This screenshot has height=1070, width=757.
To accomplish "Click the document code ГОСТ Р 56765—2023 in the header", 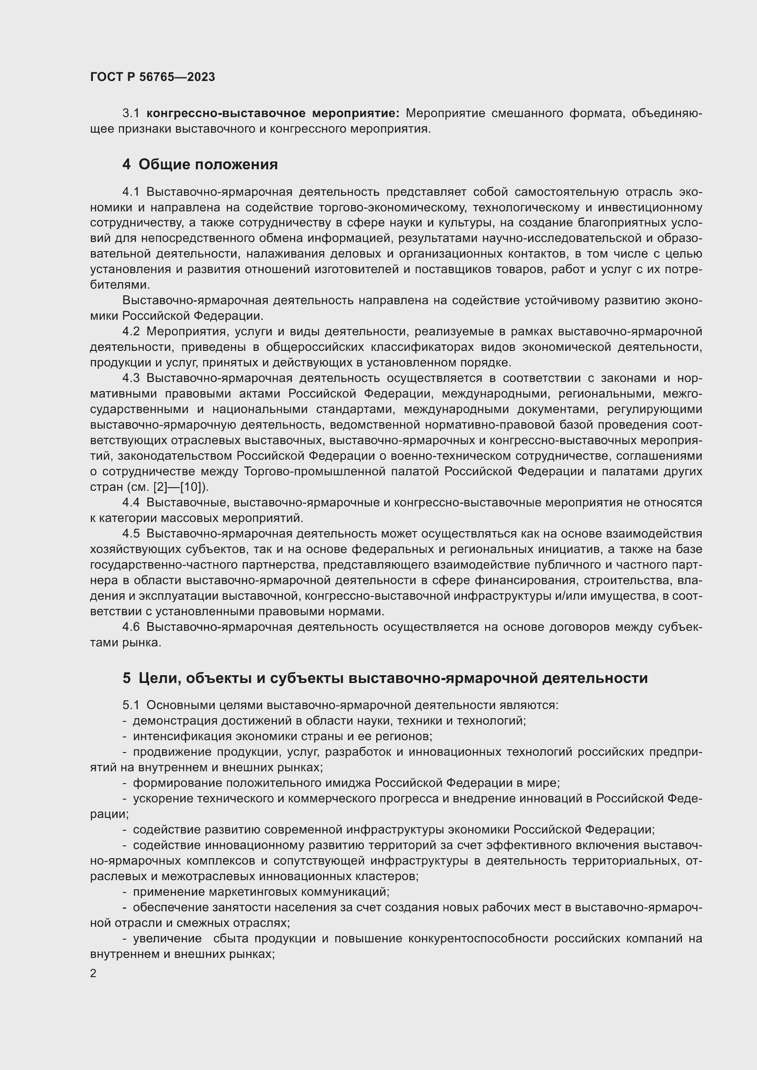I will (152, 77).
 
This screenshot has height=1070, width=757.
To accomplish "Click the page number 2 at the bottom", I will (93, 973).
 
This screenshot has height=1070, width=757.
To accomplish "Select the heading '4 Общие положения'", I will (200, 165).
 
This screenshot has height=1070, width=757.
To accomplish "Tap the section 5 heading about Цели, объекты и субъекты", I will (385, 677).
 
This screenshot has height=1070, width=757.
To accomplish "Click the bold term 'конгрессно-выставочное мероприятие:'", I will (273, 113).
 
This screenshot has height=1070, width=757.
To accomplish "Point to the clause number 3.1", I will (131, 113).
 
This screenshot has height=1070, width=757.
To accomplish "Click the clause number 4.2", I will (131, 331).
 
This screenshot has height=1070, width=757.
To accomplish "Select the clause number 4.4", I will (131, 502).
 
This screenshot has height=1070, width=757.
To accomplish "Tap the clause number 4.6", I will (131, 627).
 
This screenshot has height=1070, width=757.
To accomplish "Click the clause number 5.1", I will (131, 705).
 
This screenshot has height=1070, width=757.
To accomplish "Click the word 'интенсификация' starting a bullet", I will (183, 737).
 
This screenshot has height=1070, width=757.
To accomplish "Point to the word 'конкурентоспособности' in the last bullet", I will (478, 939).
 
